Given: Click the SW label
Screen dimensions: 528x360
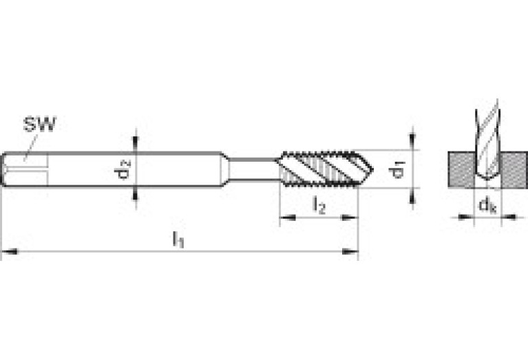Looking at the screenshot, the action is [40, 124].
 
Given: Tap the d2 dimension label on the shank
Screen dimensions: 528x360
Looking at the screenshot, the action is [123, 169].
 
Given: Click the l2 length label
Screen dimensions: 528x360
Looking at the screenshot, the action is [319, 205].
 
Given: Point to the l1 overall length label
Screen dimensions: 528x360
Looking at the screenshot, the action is [178, 239].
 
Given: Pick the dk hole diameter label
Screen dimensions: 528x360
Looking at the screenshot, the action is [487, 204].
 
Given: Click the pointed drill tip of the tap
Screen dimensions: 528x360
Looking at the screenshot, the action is [373, 169].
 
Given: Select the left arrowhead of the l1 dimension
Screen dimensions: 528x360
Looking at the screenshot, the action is [10, 251].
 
